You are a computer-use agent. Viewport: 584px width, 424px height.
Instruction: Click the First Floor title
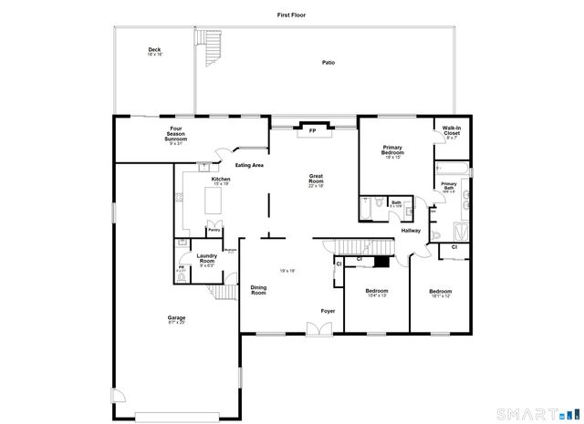coord(292,16)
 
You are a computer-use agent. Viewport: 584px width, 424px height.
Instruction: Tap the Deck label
coord(154,51)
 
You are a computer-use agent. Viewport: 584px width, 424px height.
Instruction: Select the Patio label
coord(328,63)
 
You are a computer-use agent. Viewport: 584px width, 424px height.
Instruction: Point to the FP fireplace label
coord(312,130)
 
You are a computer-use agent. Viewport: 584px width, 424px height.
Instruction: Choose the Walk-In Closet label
coord(452,131)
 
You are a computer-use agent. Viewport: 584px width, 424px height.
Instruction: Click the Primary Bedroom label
coord(393,150)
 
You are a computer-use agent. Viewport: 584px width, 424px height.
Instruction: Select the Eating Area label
coord(249,165)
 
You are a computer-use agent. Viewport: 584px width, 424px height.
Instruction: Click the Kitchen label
coord(221,181)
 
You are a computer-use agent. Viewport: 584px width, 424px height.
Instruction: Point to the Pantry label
coord(214,232)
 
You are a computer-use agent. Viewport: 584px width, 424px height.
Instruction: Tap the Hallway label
coord(411,231)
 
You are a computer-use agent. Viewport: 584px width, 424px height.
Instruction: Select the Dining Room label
coord(258,291)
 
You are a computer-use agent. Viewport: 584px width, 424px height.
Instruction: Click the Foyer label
coord(327,312)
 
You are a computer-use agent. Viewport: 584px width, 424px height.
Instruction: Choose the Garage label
coord(176,319)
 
